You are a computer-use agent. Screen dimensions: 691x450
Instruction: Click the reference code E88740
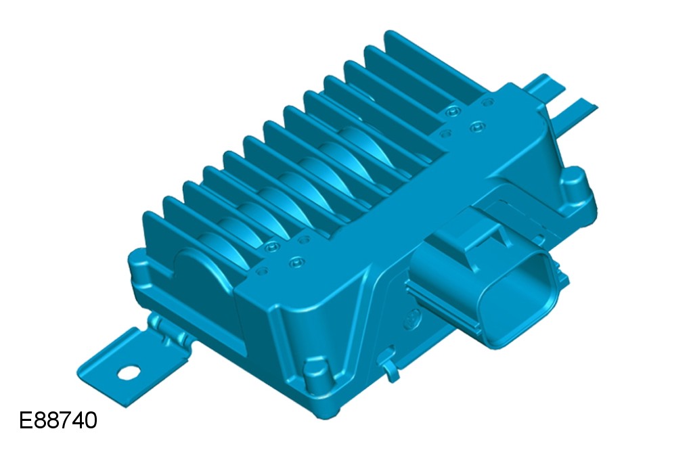pos(58,420)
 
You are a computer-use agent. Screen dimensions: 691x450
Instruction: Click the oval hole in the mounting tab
pos(129,373)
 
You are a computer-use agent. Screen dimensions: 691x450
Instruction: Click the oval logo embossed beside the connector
pos(414,318)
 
